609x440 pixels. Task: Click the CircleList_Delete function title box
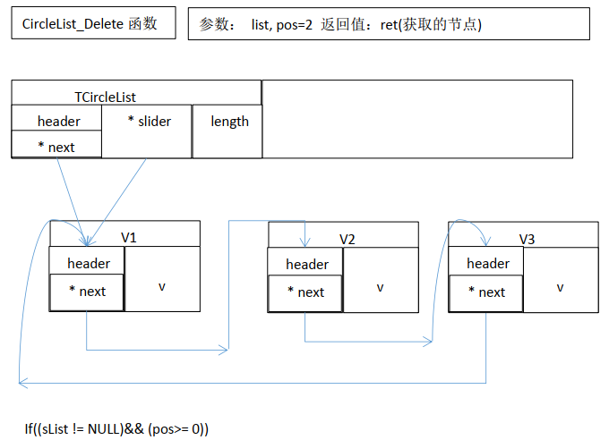pos(90,24)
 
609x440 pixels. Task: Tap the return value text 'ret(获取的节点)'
pos(431,25)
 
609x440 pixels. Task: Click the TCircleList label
pos(106,97)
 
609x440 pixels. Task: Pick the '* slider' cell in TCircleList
pos(149,122)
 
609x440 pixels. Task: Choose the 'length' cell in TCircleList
pos(229,122)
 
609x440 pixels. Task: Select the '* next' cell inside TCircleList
pos(56,147)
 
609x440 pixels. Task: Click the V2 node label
pos(347,239)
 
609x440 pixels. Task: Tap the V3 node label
pos(528,239)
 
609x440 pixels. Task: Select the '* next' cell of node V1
pos(87,292)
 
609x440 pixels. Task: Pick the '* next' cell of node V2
pos(305,292)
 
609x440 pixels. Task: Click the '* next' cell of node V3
pos(486,292)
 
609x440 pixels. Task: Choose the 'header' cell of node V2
pos(306,264)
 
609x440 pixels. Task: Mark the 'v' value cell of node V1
pos(162,286)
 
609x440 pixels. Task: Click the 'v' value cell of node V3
pos(560,287)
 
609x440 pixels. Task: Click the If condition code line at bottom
pos(116,428)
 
